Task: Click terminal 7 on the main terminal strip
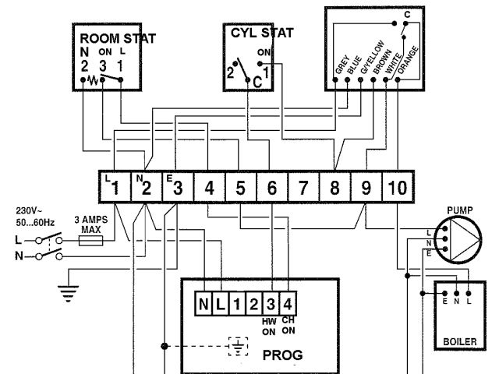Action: point(303,188)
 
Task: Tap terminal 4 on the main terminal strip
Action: point(209,188)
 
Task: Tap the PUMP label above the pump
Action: point(460,210)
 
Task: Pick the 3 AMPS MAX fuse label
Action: point(87,224)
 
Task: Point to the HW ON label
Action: point(269,326)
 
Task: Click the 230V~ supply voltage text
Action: point(29,211)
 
